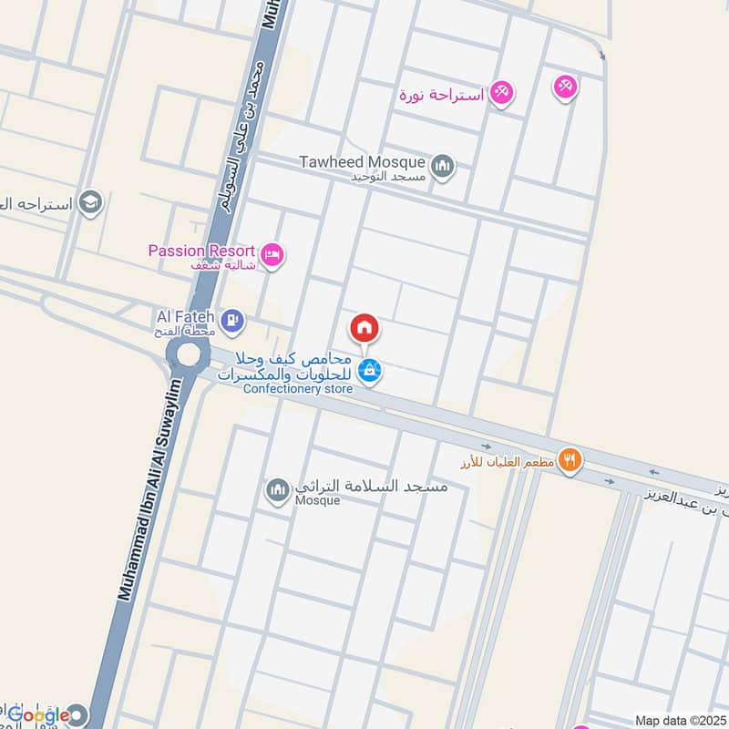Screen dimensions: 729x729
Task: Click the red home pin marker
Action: (x=364, y=327)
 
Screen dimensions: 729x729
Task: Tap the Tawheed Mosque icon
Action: (x=443, y=167)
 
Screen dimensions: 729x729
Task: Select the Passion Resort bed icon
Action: (x=271, y=255)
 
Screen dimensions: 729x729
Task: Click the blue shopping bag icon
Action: (x=368, y=370)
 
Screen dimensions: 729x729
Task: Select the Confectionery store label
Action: (x=298, y=389)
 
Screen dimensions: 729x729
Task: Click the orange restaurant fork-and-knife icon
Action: (x=570, y=458)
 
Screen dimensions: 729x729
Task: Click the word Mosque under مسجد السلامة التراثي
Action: (x=317, y=500)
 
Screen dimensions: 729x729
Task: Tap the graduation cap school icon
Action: (x=90, y=202)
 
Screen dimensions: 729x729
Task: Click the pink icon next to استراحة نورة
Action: (x=500, y=92)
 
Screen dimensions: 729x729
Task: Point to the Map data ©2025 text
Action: (x=679, y=721)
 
